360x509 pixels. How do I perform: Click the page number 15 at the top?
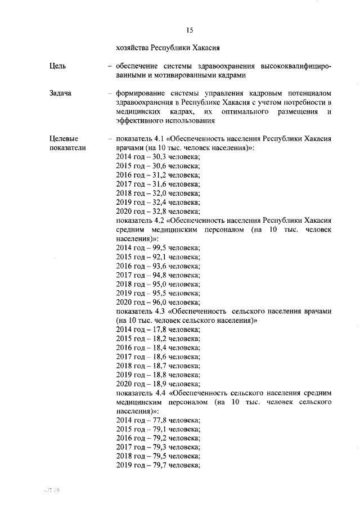[x=189, y=30]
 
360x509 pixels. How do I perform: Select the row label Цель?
[x=58, y=66]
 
